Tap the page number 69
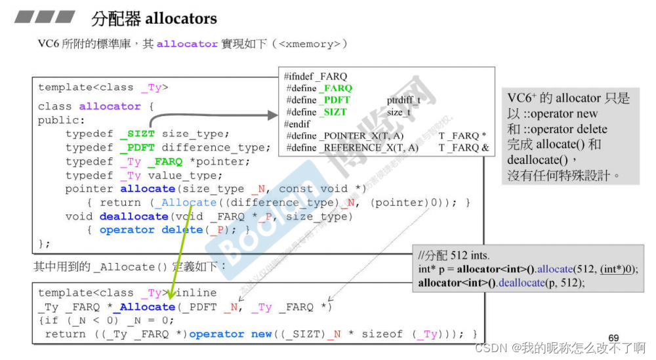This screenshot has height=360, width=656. click(613, 338)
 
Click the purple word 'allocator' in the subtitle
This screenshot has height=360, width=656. click(187, 44)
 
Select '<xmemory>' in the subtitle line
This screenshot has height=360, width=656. click(309, 44)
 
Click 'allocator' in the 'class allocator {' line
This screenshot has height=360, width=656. click(110, 106)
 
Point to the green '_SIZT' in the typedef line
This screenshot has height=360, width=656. click(137, 134)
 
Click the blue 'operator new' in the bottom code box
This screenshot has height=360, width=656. click(230, 334)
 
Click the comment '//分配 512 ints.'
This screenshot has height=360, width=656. click(453, 256)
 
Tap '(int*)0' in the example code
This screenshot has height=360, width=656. click(617, 269)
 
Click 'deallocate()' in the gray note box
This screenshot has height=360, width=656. click(539, 160)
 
